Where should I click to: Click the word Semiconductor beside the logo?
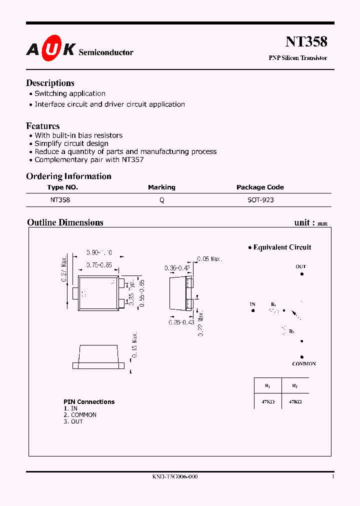click(106, 52)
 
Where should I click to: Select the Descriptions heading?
click(50, 83)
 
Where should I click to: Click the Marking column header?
click(161, 187)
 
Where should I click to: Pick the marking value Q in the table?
click(161, 199)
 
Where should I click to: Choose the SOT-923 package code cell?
click(260, 199)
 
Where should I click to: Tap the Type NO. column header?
click(62, 187)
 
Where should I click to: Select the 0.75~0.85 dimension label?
click(98, 265)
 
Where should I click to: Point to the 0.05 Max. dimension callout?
click(209, 259)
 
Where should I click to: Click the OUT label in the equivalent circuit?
click(300, 266)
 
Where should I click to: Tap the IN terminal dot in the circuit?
click(253, 310)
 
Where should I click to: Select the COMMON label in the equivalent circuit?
click(304, 364)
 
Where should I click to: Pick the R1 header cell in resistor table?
click(267, 386)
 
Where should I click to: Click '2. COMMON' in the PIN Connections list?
click(80, 415)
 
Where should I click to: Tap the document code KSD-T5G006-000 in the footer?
click(175, 477)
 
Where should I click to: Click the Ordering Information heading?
click(68, 176)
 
